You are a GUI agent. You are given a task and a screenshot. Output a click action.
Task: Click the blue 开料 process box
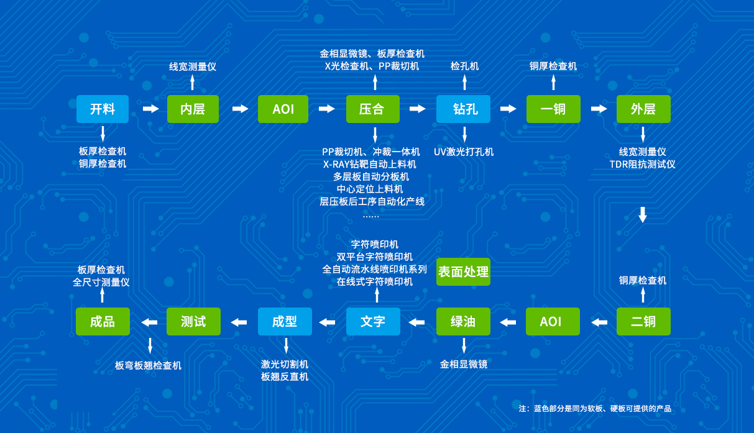(x=103, y=109)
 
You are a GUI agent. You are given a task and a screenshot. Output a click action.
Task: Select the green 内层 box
(x=193, y=109)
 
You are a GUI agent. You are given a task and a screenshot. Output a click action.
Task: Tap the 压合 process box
(x=372, y=109)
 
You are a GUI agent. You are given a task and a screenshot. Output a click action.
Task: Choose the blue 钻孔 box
(x=464, y=109)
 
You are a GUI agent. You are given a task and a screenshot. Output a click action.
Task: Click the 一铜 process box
(x=553, y=109)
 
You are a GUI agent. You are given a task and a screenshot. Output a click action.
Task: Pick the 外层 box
(x=643, y=109)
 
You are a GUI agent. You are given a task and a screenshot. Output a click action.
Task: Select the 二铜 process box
(x=643, y=322)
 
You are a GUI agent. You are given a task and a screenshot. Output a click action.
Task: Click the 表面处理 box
(x=463, y=272)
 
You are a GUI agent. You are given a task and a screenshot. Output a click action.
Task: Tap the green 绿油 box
(x=463, y=322)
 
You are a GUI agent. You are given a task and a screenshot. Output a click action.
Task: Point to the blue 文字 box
(x=373, y=322)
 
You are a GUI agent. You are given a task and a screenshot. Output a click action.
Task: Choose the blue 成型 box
(x=285, y=322)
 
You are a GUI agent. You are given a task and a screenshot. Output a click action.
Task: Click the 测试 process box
(x=193, y=322)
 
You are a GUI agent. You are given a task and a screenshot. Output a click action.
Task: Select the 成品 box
(x=103, y=322)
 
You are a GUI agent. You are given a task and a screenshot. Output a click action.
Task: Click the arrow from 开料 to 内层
(x=150, y=109)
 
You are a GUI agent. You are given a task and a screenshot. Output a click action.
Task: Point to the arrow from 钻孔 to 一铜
(x=508, y=109)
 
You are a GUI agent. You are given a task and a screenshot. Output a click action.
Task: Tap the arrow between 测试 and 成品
(x=149, y=322)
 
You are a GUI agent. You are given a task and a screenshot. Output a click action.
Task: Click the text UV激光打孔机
(x=464, y=152)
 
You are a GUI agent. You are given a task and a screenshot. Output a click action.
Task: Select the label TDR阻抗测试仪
(x=642, y=165)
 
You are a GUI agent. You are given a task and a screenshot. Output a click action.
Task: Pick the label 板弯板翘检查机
(x=148, y=366)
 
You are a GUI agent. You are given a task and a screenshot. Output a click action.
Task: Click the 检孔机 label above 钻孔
(x=464, y=66)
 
